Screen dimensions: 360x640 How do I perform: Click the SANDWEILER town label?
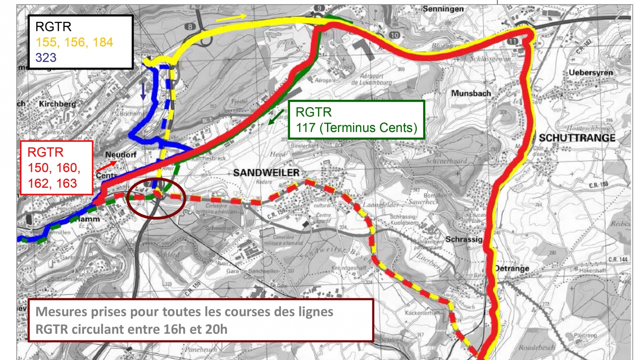coord(266,173)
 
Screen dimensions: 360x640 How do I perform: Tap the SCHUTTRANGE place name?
coord(577,138)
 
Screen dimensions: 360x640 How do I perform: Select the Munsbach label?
coord(471,93)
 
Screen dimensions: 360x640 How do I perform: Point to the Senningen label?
coord(443,9)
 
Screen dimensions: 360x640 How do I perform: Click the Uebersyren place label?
coord(591,72)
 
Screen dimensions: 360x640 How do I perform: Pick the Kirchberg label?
coord(57,104)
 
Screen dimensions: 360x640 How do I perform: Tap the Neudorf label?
coord(121,155)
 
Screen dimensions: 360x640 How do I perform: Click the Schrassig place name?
coord(464,239)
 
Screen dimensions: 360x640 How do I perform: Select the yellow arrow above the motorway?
coord(231,18)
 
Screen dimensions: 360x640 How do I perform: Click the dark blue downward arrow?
coord(143,91)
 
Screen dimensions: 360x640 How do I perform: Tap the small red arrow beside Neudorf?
coord(106,166)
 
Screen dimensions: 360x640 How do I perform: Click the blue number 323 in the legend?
coord(46,58)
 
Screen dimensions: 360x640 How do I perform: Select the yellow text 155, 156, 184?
coord(74,42)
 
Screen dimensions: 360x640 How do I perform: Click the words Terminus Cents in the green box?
coord(368,128)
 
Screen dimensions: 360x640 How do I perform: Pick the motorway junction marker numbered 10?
coord(394,35)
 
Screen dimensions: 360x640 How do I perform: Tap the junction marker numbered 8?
coord(190,27)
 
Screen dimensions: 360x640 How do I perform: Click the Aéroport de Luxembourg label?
coord(371,79)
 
